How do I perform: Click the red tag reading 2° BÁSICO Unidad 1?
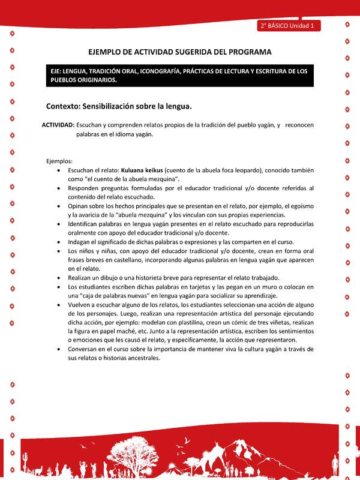click(290, 26)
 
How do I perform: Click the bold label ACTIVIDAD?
click(58, 125)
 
